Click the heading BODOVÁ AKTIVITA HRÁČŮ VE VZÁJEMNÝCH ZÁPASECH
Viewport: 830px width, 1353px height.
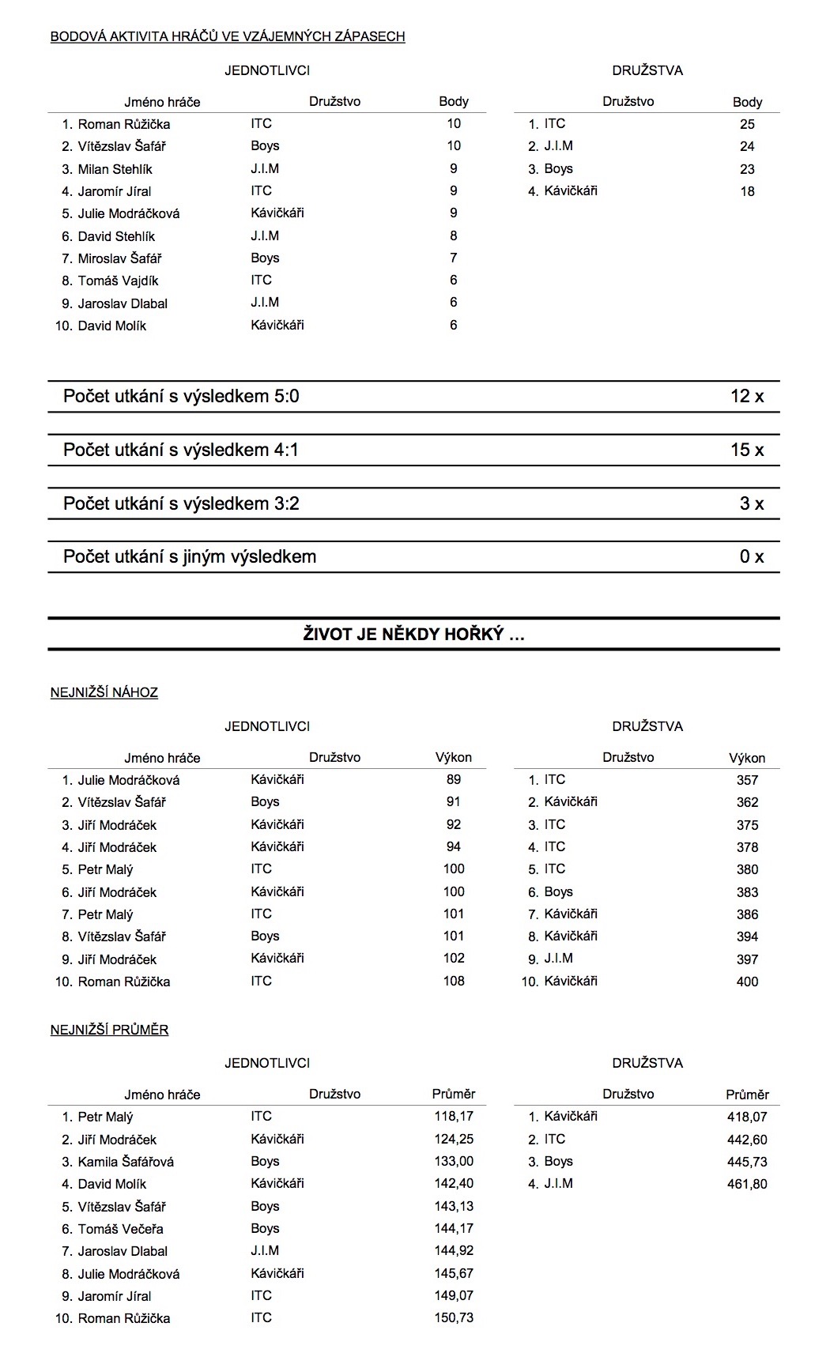click(228, 36)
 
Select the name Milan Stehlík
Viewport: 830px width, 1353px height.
click(115, 169)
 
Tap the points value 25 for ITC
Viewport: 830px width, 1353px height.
click(747, 124)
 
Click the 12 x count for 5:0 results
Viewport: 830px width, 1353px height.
click(747, 397)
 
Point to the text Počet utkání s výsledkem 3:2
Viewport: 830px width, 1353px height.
click(181, 504)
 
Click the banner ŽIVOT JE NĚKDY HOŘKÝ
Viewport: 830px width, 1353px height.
click(413, 635)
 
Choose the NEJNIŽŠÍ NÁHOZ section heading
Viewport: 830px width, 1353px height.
click(104, 693)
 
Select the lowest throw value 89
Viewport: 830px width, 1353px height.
click(454, 779)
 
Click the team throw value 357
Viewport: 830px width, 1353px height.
click(747, 780)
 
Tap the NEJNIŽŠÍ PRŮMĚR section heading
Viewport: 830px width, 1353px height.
click(110, 1030)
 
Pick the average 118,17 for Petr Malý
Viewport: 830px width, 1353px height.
click(454, 1117)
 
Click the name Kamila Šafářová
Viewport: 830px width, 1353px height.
click(126, 1162)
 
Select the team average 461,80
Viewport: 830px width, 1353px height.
click(747, 1184)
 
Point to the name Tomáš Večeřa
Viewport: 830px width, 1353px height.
click(121, 1229)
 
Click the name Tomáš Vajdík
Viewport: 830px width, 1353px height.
click(118, 281)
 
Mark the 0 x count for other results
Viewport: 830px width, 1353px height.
click(752, 557)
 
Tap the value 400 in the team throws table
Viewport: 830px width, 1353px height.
click(747, 982)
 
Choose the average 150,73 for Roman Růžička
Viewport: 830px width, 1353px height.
click(454, 1317)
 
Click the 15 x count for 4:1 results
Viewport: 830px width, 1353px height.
click(747, 450)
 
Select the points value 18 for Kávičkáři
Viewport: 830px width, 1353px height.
click(747, 191)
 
